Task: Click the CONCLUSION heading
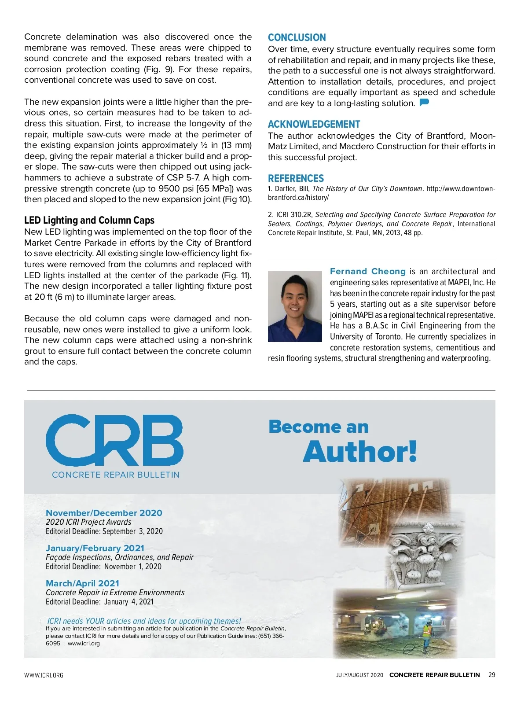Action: click(297, 38)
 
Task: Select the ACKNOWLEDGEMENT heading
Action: click(314, 125)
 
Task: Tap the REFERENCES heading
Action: click(296, 179)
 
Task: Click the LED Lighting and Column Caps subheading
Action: click(89, 221)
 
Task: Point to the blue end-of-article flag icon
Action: click(424, 103)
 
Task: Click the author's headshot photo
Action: click(295, 306)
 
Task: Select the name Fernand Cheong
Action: click(368, 272)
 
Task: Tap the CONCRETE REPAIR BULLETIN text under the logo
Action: click(116, 475)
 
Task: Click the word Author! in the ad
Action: click(360, 452)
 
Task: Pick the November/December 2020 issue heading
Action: click(104, 513)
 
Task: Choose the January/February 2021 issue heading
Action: click(95, 548)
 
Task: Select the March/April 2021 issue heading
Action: click(82, 583)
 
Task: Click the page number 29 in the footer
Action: click(491, 675)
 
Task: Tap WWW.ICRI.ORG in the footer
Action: click(44, 675)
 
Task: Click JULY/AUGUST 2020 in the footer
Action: click(359, 675)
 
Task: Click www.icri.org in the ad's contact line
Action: click(84, 644)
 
